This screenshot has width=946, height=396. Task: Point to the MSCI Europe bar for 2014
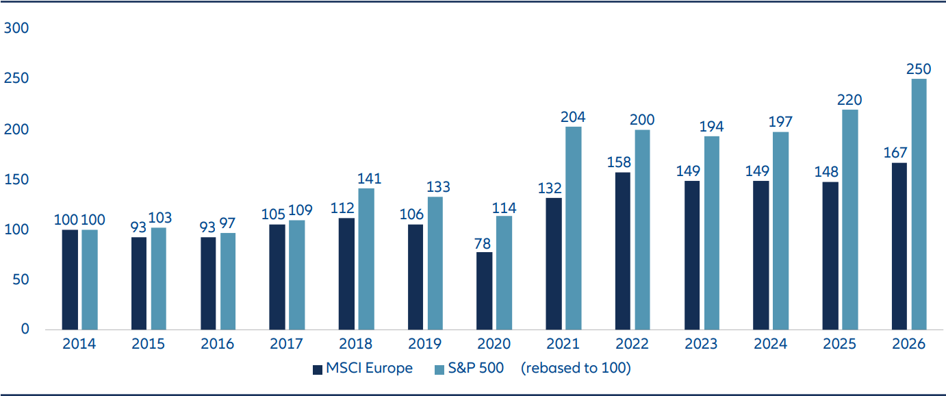tap(70, 280)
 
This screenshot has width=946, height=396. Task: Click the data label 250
tap(919, 70)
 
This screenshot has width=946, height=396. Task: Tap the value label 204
tap(573, 117)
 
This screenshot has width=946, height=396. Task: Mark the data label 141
tap(366, 180)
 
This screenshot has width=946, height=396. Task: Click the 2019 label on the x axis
tap(425, 344)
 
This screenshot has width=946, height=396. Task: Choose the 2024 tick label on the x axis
tap(771, 344)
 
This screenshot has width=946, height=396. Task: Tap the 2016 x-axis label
tap(218, 344)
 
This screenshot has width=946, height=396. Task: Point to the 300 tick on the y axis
tap(17, 29)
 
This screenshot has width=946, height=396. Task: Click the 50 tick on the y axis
tap(21, 280)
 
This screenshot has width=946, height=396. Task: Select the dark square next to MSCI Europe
tap(317, 369)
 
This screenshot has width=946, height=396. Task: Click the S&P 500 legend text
tap(477, 369)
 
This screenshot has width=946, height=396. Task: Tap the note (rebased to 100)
tap(575, 369)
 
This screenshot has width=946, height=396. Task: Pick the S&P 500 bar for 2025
tap(849, 219)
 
